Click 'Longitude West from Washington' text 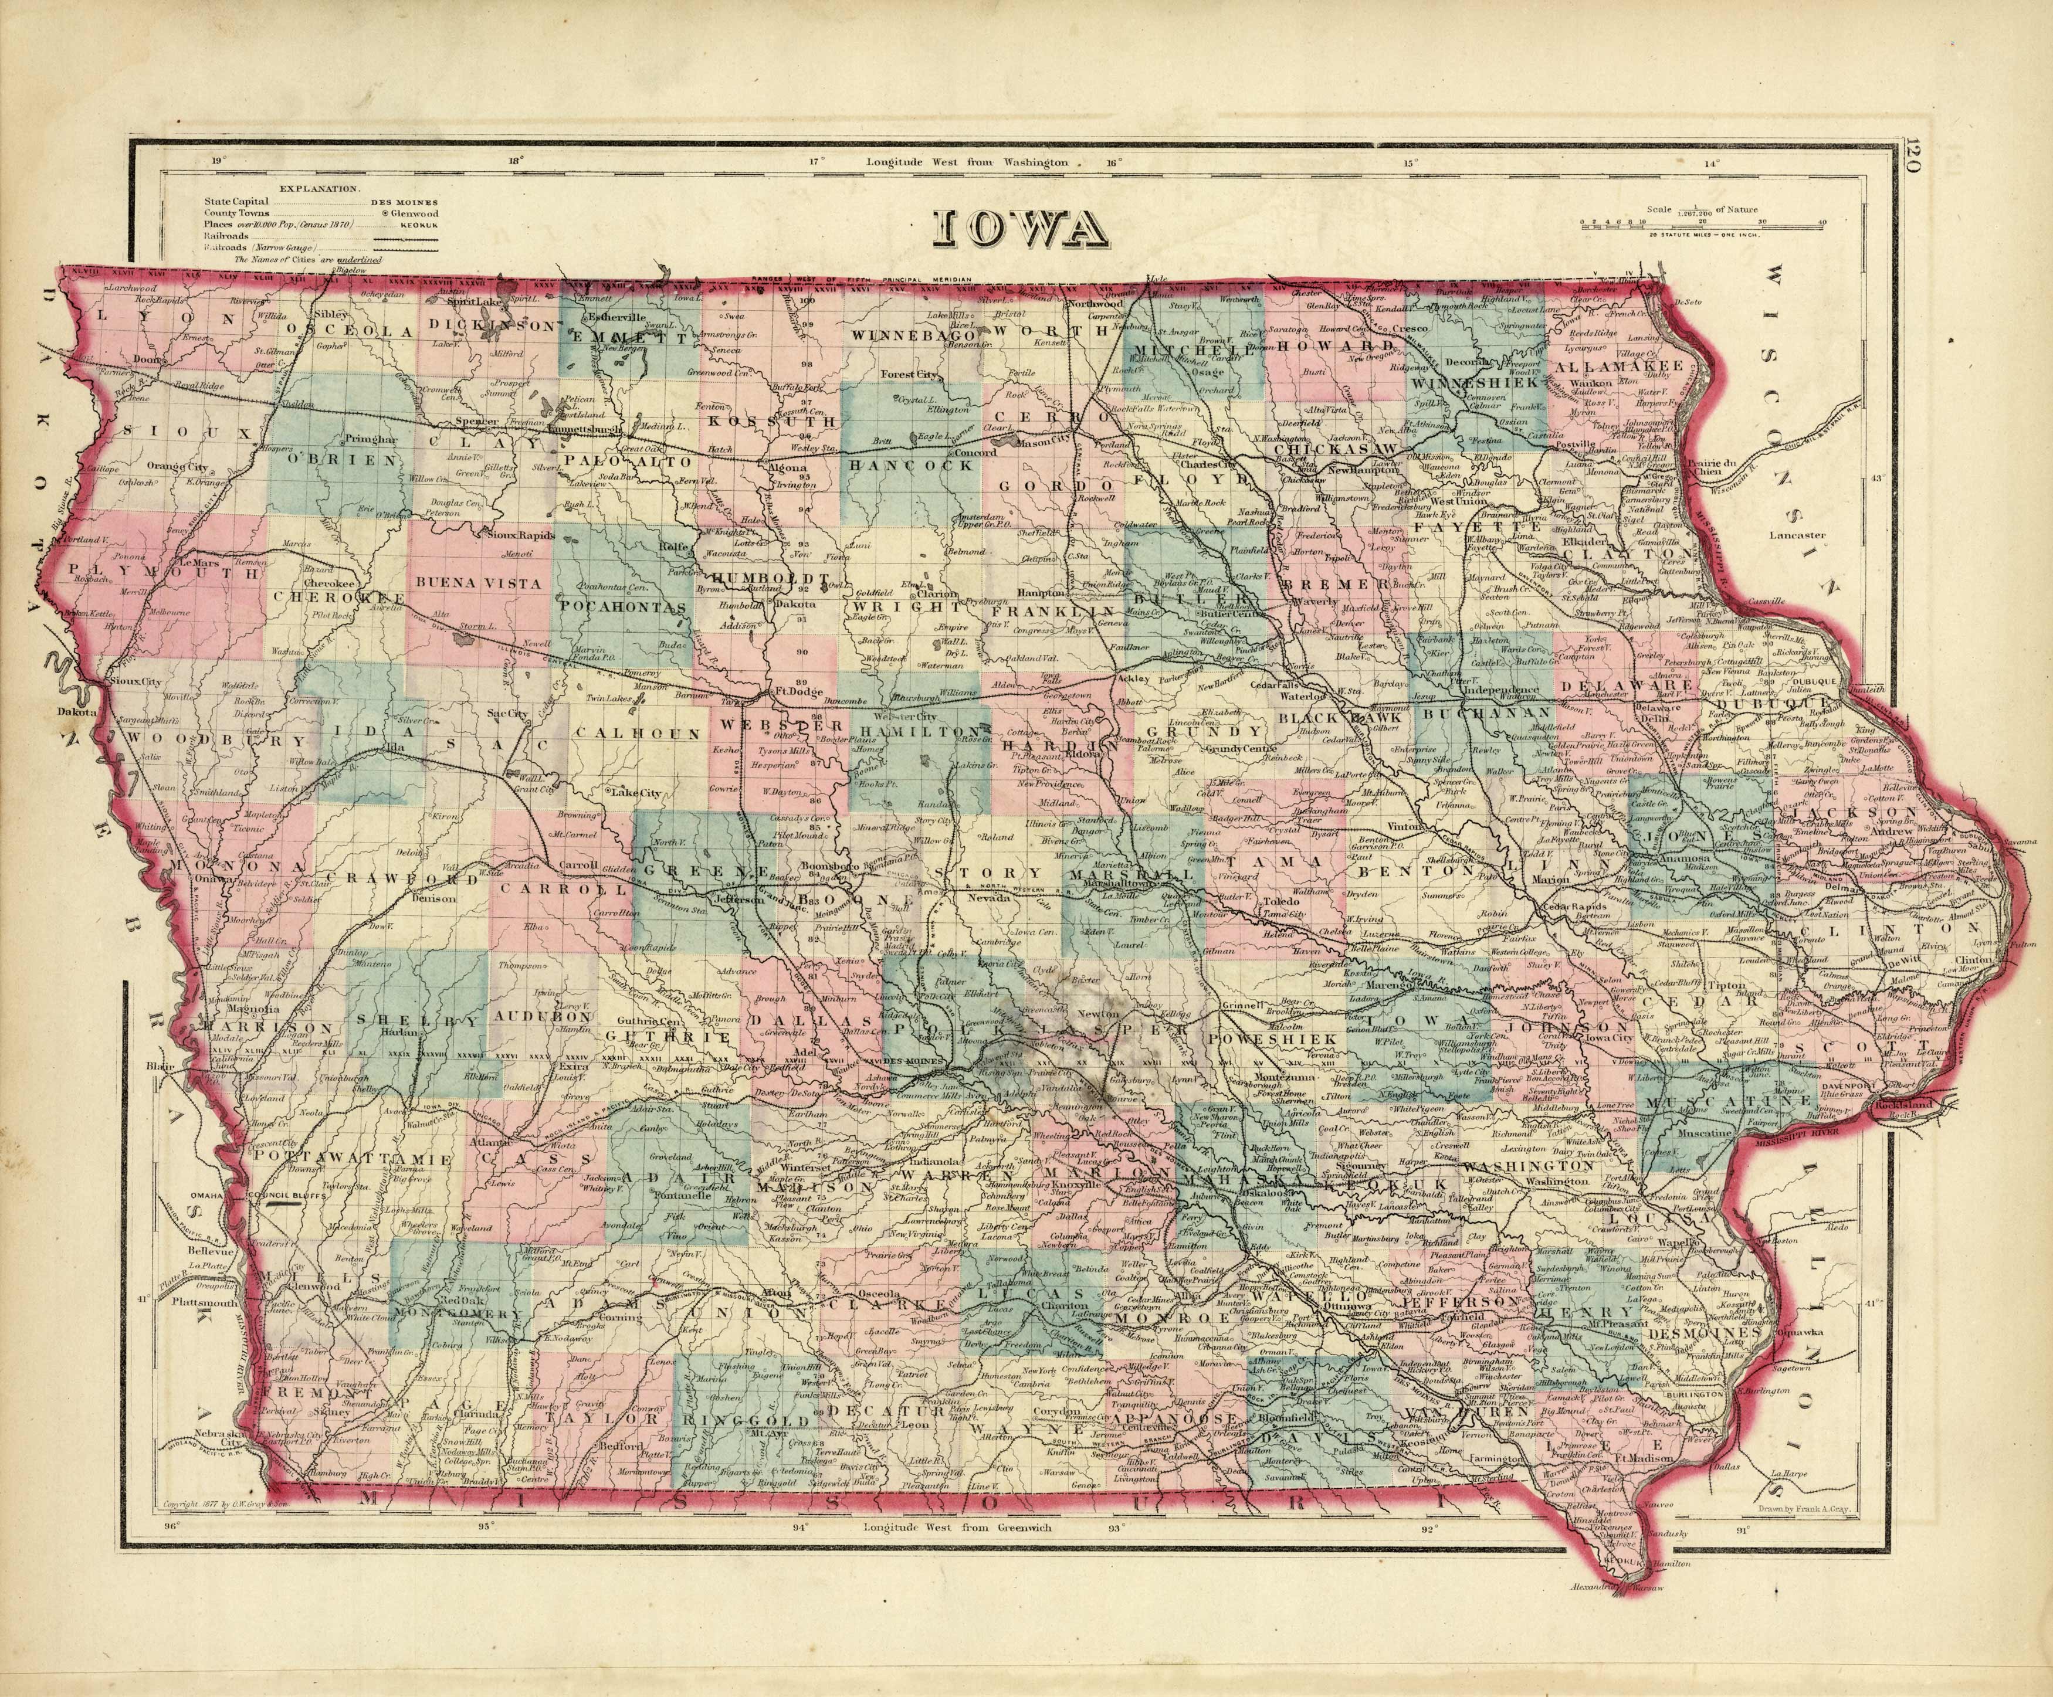tap(968, 163)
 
